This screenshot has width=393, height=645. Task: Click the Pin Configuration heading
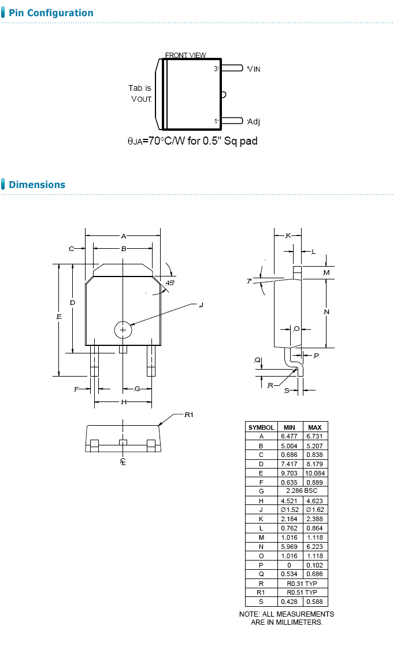point(51,13)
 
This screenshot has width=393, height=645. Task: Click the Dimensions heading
point(37,185)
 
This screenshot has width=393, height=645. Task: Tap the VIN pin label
point(254,69)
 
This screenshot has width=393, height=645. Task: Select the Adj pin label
point(254,121)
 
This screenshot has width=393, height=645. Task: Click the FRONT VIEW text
point(186,55)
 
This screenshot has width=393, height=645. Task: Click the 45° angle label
point(170,283)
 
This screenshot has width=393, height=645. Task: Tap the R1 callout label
point(188,415)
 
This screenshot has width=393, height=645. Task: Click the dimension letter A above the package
point(123,236)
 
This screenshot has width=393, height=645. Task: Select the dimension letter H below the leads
point(124,402)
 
